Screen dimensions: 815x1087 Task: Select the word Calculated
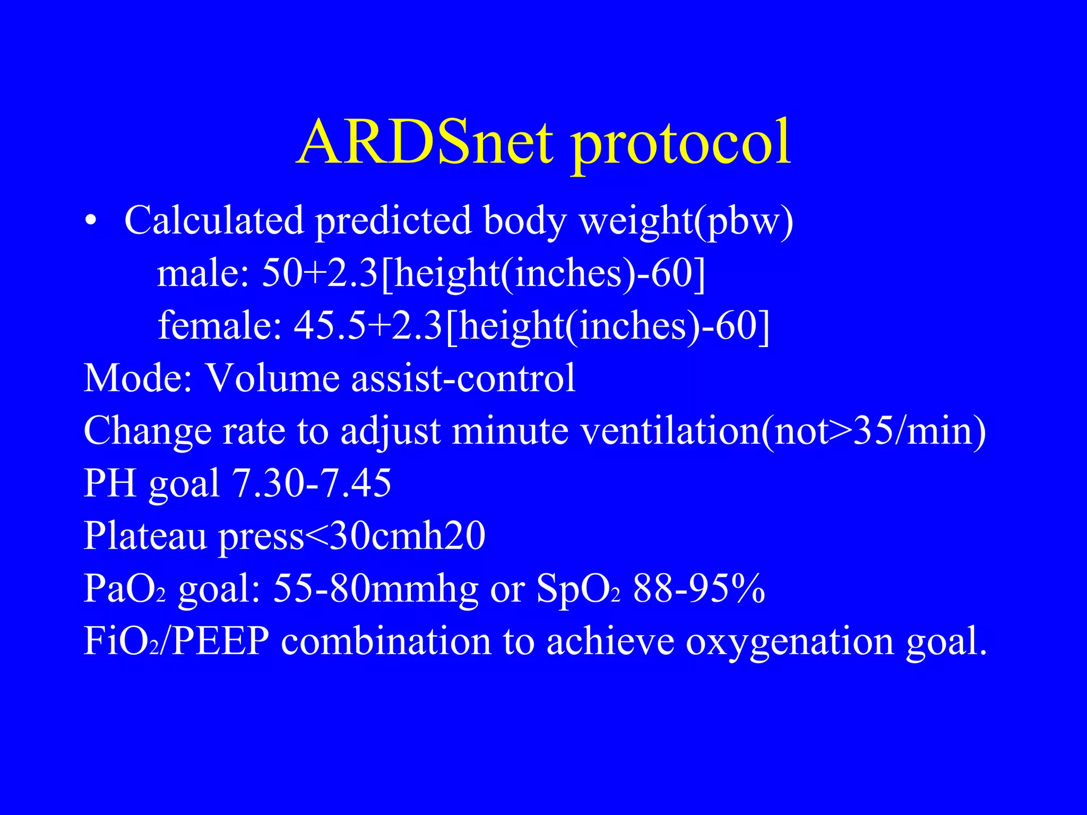coord(214,220)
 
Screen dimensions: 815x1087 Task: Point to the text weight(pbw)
coord(686,222)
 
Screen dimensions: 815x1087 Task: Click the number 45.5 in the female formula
coord(330,325)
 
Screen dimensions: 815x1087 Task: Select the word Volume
coord(272,378)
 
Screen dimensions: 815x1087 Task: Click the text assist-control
coord(463,378)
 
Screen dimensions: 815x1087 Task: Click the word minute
coord(510,430)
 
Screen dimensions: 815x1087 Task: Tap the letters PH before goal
coord(111,483)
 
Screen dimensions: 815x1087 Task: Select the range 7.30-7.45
coord(312,483)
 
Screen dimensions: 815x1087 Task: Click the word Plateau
coord(145,536)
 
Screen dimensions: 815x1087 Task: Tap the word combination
coord(386,641)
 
